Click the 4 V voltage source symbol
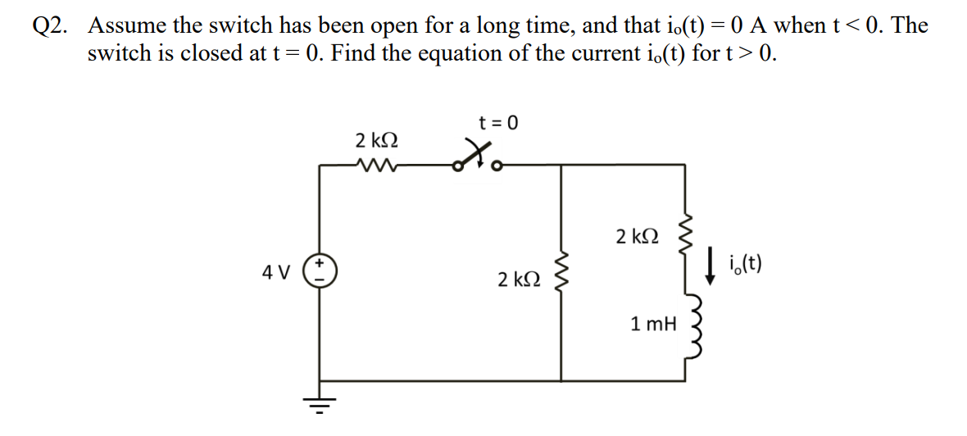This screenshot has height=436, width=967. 319,271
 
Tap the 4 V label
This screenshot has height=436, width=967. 275,272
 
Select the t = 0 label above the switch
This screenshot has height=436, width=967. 499,123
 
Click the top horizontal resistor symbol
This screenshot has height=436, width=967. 378,164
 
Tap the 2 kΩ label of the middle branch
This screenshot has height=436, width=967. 519,279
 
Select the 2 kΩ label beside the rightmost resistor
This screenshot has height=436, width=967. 637,237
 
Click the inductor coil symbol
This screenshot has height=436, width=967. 693,323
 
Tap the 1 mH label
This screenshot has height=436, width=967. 654,325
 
